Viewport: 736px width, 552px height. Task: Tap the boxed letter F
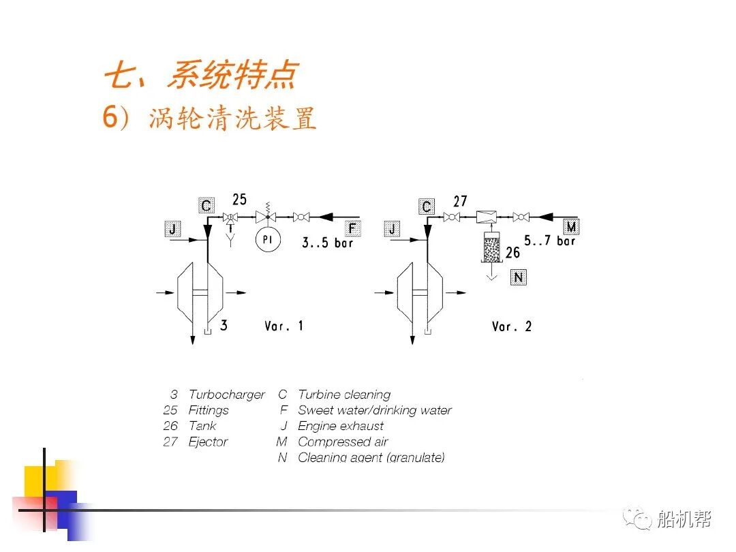point(352,229)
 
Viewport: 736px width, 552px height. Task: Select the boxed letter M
point(570,227)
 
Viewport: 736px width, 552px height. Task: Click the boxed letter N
point(519,277)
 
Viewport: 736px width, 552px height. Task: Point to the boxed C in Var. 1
point(206,204)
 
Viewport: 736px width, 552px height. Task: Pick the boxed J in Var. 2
point(392,229)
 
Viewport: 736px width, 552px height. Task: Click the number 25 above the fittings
point(239,200)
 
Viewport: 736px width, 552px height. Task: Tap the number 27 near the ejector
point(460,201)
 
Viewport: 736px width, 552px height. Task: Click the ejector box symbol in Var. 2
point(486,217)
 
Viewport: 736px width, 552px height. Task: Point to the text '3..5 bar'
point(327,243)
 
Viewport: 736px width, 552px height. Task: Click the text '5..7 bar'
point(550,241)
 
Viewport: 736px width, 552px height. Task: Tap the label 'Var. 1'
point(283,326)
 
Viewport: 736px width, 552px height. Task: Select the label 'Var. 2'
point(511,326)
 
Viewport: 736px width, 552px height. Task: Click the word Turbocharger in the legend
point(226,395)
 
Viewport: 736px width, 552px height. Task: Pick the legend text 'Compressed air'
point(343,442)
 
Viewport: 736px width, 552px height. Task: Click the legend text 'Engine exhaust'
point(341,426)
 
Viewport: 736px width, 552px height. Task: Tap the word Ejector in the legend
point(208,442)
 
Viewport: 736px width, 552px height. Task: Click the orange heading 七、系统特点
point(200,75)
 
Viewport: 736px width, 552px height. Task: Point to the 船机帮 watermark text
point(684,520)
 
